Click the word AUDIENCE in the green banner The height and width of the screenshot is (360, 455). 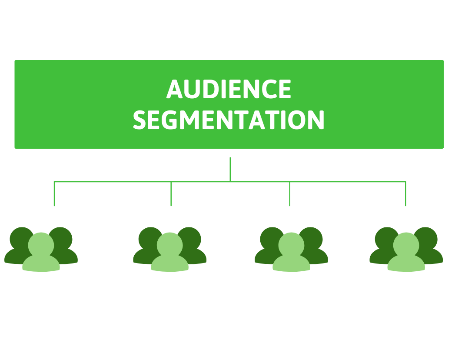pos(229,90)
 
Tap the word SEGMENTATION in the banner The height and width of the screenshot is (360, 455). pos(229,120)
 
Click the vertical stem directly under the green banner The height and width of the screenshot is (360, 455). pos(230,169)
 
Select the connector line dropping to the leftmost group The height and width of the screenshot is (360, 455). pos(54,194)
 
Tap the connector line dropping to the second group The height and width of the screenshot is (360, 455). pos(171,194)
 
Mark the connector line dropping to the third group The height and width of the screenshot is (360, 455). pos(289,194)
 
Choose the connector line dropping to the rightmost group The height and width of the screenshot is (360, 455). pos(406,194)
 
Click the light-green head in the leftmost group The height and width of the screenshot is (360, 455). pos(41,245)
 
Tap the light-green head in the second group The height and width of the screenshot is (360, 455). pos(169,245)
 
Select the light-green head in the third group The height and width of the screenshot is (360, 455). pos(291,245)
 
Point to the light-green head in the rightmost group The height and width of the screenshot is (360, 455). pos(406,245)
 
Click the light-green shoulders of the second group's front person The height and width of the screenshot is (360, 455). pos(169,264)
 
